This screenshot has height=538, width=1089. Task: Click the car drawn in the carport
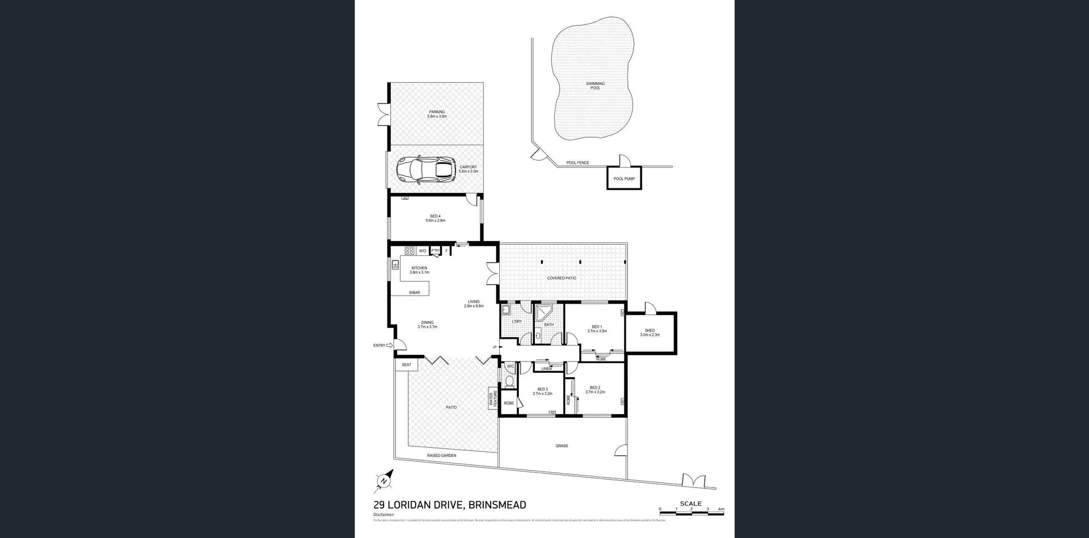click(x=426, y=170)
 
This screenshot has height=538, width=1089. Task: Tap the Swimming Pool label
click(x=595, y=86)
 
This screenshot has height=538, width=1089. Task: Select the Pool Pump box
click(x=624, y=178)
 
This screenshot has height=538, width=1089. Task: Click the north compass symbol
click(x=384, y=481)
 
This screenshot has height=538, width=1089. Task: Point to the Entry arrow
click(x=389, y=345)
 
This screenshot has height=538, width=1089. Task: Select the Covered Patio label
click(x=562, y=278)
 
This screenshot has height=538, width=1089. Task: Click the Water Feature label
click(x=492, y=398)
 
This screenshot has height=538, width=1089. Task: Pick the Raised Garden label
click(x=441, y=455)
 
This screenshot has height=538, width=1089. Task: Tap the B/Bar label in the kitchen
click(x=415, y=292)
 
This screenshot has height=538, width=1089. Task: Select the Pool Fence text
click(x=577, y=163)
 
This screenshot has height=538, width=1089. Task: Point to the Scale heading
click(x=691, y=503)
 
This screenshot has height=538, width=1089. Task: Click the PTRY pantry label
click(x=436, y=250)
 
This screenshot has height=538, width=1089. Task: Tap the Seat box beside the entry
click(x=407, y=364)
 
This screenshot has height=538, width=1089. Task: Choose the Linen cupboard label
click(x=546, y=369)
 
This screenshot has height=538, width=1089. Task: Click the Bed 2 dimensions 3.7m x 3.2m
click(x=595, y=392)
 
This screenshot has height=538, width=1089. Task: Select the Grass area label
click(x=562, y=445)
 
